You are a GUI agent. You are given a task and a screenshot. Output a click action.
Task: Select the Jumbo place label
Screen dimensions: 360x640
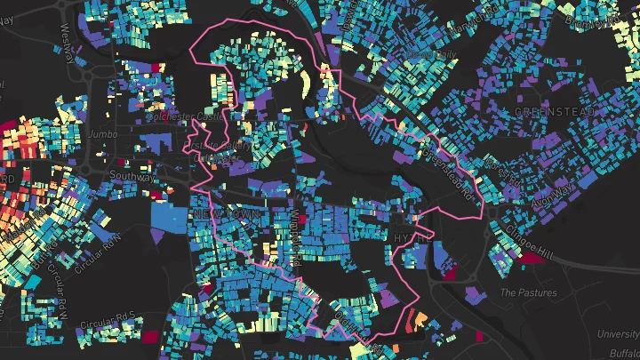coord(103,134)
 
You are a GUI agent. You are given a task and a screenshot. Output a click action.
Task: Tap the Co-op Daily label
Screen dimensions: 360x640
coord(435,54)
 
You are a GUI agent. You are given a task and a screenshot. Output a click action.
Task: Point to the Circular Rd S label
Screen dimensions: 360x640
coord(107,318)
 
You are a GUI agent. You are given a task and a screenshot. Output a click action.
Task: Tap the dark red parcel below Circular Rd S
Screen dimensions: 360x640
coord(148,338)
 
